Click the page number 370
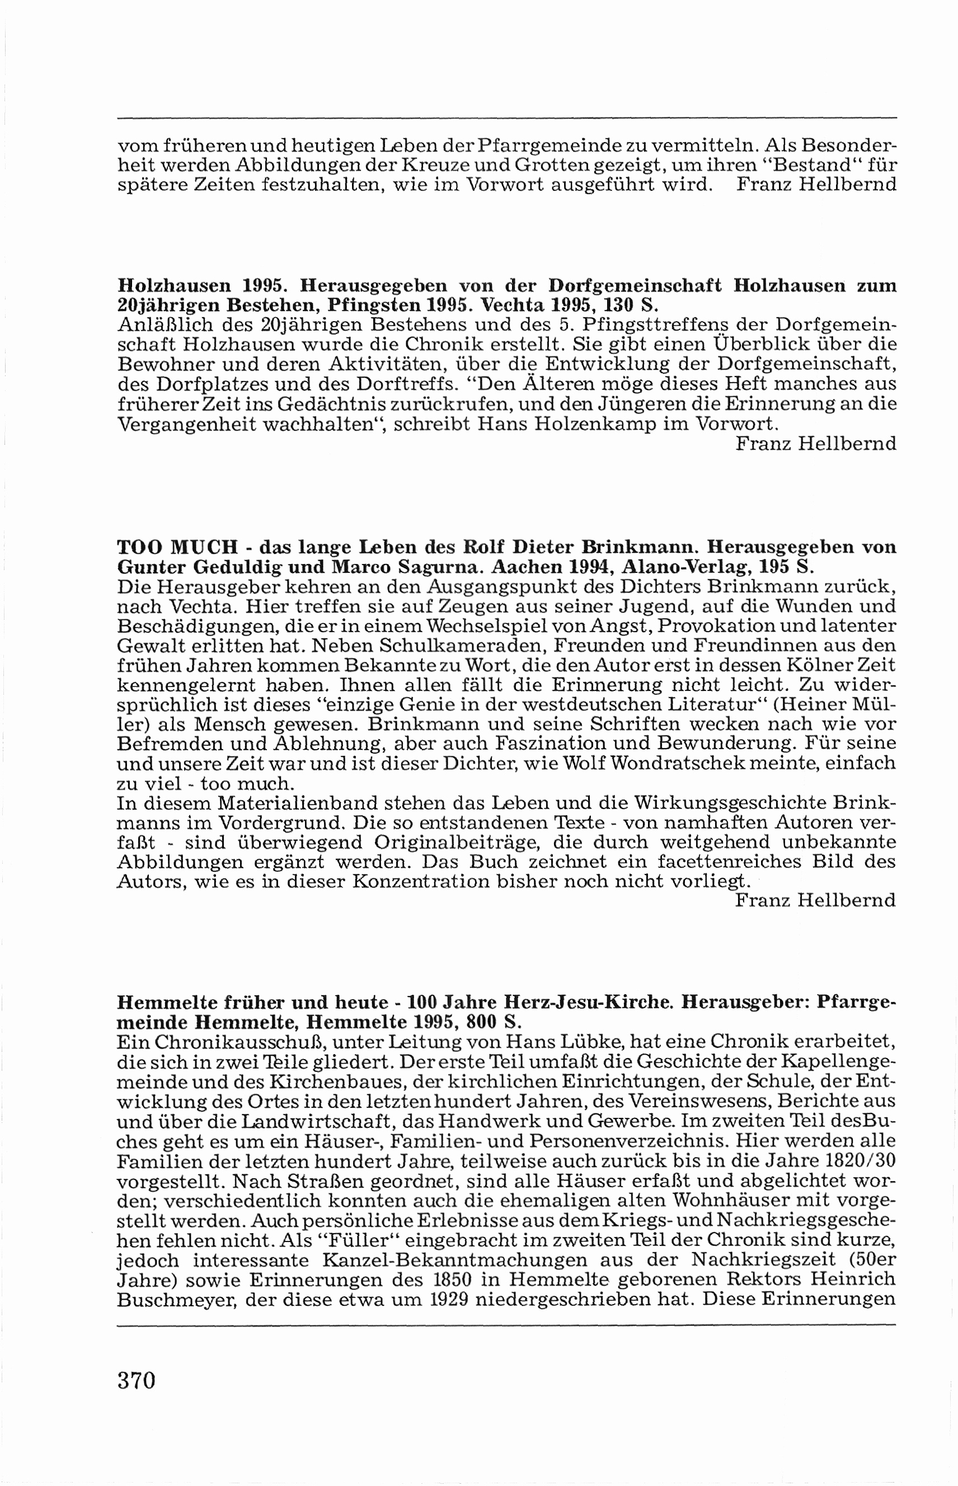[x=135, y=1398]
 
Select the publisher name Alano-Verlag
[x=686, y=567]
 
